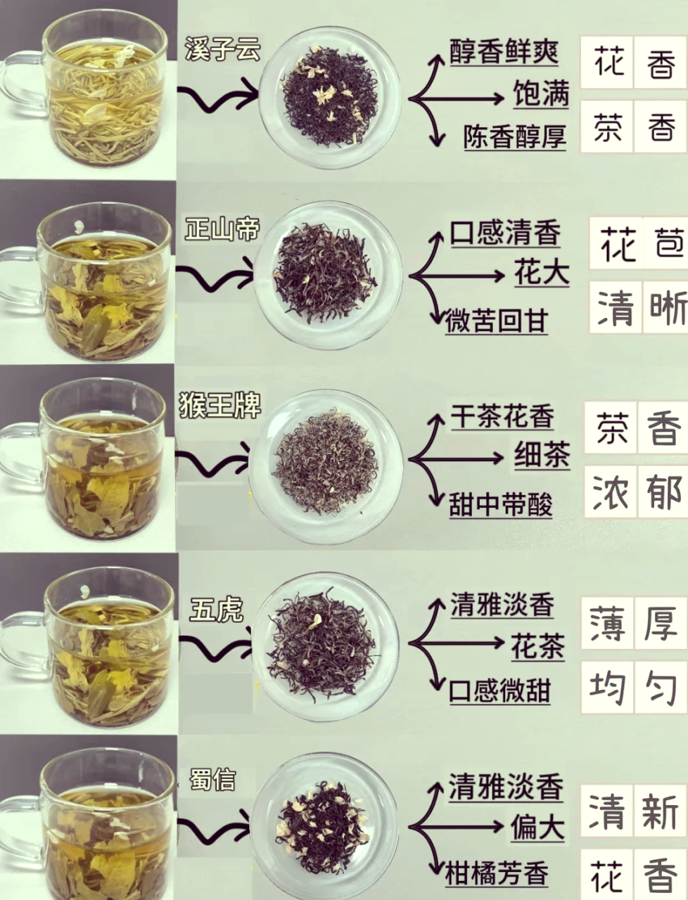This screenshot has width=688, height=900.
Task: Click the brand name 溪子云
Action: coord(222,50)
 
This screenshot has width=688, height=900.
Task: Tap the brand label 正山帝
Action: coord(222,230)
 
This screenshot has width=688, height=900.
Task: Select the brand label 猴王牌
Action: coord(219,406)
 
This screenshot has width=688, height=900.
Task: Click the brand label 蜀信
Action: coord(212,780)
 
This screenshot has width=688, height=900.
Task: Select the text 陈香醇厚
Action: coord(514,136)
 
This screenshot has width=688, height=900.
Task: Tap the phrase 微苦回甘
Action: coord(497,321)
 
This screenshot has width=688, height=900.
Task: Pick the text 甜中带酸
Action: coord(501,505)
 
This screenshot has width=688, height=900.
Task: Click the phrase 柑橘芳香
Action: coord(497,874)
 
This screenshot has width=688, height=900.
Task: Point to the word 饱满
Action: coord(540,93)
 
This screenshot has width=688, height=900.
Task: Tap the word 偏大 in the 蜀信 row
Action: coord(537,828)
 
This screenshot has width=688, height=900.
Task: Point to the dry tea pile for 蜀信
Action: coord(324,825)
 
